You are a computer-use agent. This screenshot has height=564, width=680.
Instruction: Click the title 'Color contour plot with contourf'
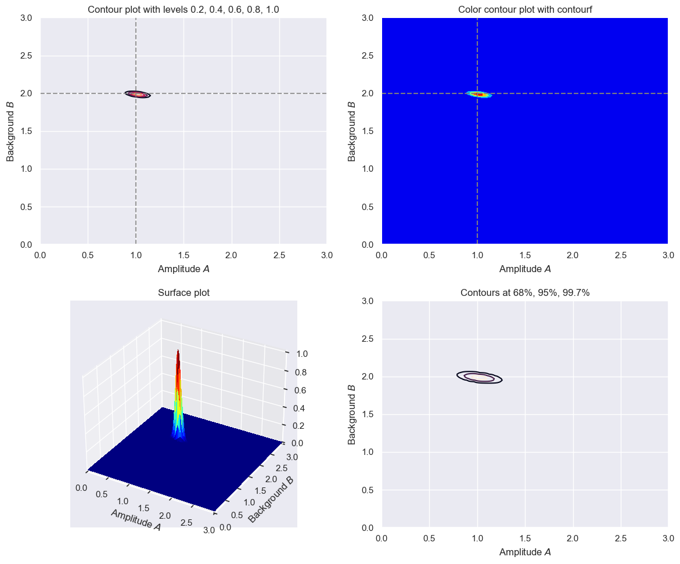tap(525, 9)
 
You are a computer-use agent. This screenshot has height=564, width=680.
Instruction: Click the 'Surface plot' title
tap(184, 293)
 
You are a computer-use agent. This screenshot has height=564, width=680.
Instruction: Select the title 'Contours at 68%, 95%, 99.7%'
tap(525, 293)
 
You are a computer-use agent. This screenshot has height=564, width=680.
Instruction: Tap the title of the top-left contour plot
tap(184, 9)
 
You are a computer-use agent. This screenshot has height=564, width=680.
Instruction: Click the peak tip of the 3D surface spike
tap(178, 352)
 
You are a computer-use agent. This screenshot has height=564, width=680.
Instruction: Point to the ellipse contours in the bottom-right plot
tap(479, 377)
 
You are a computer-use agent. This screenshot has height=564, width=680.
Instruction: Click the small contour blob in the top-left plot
tap(138, 94)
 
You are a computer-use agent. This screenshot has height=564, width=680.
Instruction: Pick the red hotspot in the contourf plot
tap(478, 94)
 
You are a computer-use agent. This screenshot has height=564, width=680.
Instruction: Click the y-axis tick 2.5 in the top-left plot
tap(27, 56)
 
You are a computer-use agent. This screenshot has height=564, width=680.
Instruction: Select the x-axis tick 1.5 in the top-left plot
tap(184, 255)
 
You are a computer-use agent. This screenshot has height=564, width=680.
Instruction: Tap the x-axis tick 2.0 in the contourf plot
tap(573, 255)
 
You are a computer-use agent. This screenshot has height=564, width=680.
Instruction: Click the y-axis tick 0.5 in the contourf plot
tap(368, 207)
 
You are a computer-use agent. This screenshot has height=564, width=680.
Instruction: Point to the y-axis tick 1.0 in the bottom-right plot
tap(368, 452)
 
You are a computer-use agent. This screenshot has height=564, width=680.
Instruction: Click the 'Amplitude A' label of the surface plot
tap(135, 519)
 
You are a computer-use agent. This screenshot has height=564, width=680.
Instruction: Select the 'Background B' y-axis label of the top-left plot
tap(10, 131)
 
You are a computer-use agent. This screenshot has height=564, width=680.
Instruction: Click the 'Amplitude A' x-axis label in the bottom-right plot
tap(525, 552)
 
